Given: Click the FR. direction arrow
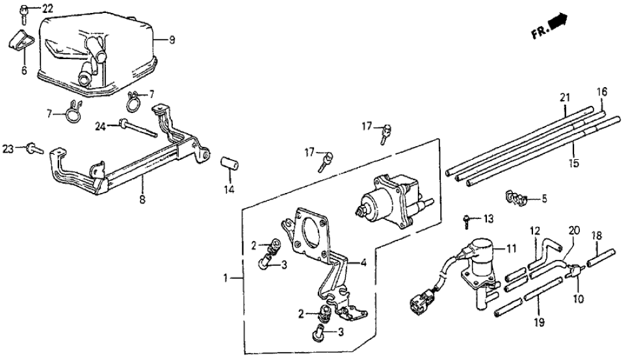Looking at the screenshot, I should coord(556,24).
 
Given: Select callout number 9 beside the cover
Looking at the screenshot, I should coord(172,40).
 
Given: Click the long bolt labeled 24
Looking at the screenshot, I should coord(136,129).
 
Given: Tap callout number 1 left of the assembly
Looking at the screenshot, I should coord(226,278).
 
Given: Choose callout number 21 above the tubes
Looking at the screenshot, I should coord(564,97).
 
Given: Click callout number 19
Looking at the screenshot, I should coord(537,320).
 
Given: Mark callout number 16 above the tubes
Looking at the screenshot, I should coord(601,91).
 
